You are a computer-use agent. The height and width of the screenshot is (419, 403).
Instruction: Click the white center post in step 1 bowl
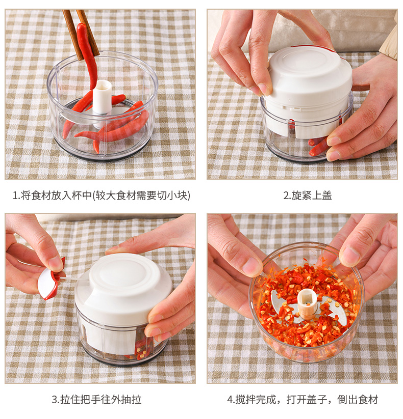coord(103,101)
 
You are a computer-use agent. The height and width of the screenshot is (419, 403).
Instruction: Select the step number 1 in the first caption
coord(15,195)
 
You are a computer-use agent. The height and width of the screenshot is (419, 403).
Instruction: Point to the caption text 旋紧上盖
coord(311,195)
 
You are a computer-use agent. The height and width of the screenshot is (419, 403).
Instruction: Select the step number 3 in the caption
coord(55,400)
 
